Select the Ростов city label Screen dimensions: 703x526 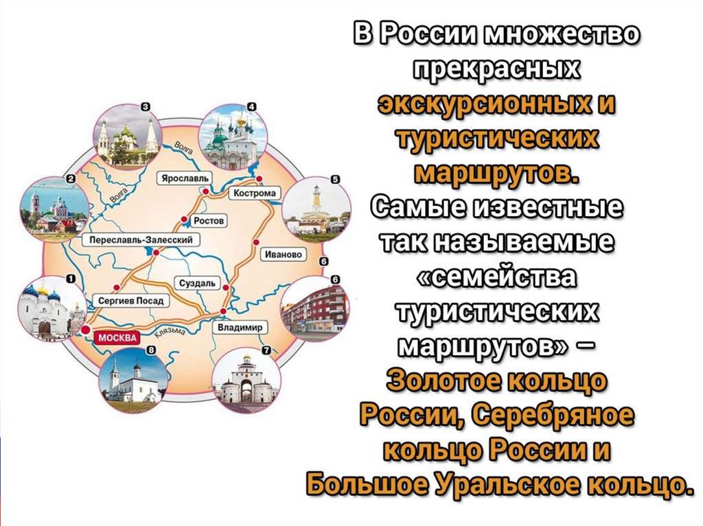(206, 220)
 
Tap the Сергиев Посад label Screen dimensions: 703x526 (132, 300)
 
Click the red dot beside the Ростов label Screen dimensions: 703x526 (185, 220)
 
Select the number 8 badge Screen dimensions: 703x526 (151, 350)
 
